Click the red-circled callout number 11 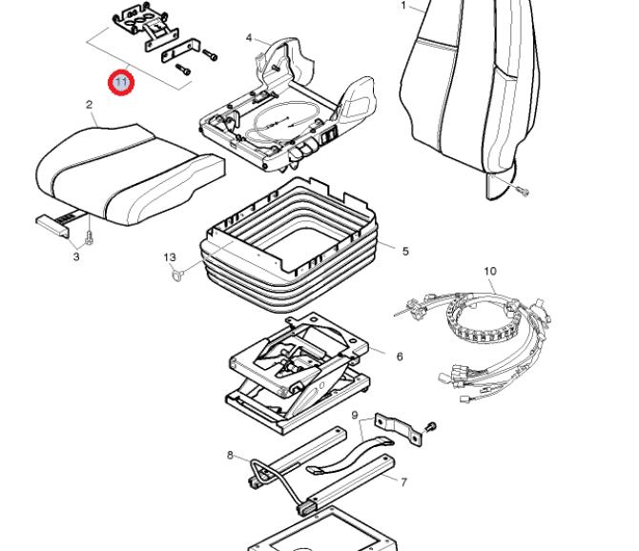[x=121, y=83]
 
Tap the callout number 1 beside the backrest [x=403, y=6]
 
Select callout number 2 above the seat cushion [x=90, y=105]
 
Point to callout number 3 [x=76, y=257]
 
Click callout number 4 [x=250, y=38]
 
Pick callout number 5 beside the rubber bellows [x=405, y=251]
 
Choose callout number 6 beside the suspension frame [x=400, y=357]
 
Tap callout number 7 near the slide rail [x=403, y=482]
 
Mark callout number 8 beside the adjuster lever [x=230, y=455]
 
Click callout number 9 [x=355, y=416]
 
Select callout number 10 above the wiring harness [x=490, y=271]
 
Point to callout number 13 [x=170, y=257]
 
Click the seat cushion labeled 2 [x=131, y=174]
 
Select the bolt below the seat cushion [x=89, y=238]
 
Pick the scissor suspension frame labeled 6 [x=298, y=372]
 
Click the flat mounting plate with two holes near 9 [x=398, y=430]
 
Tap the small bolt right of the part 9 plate [x=431, y=427]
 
